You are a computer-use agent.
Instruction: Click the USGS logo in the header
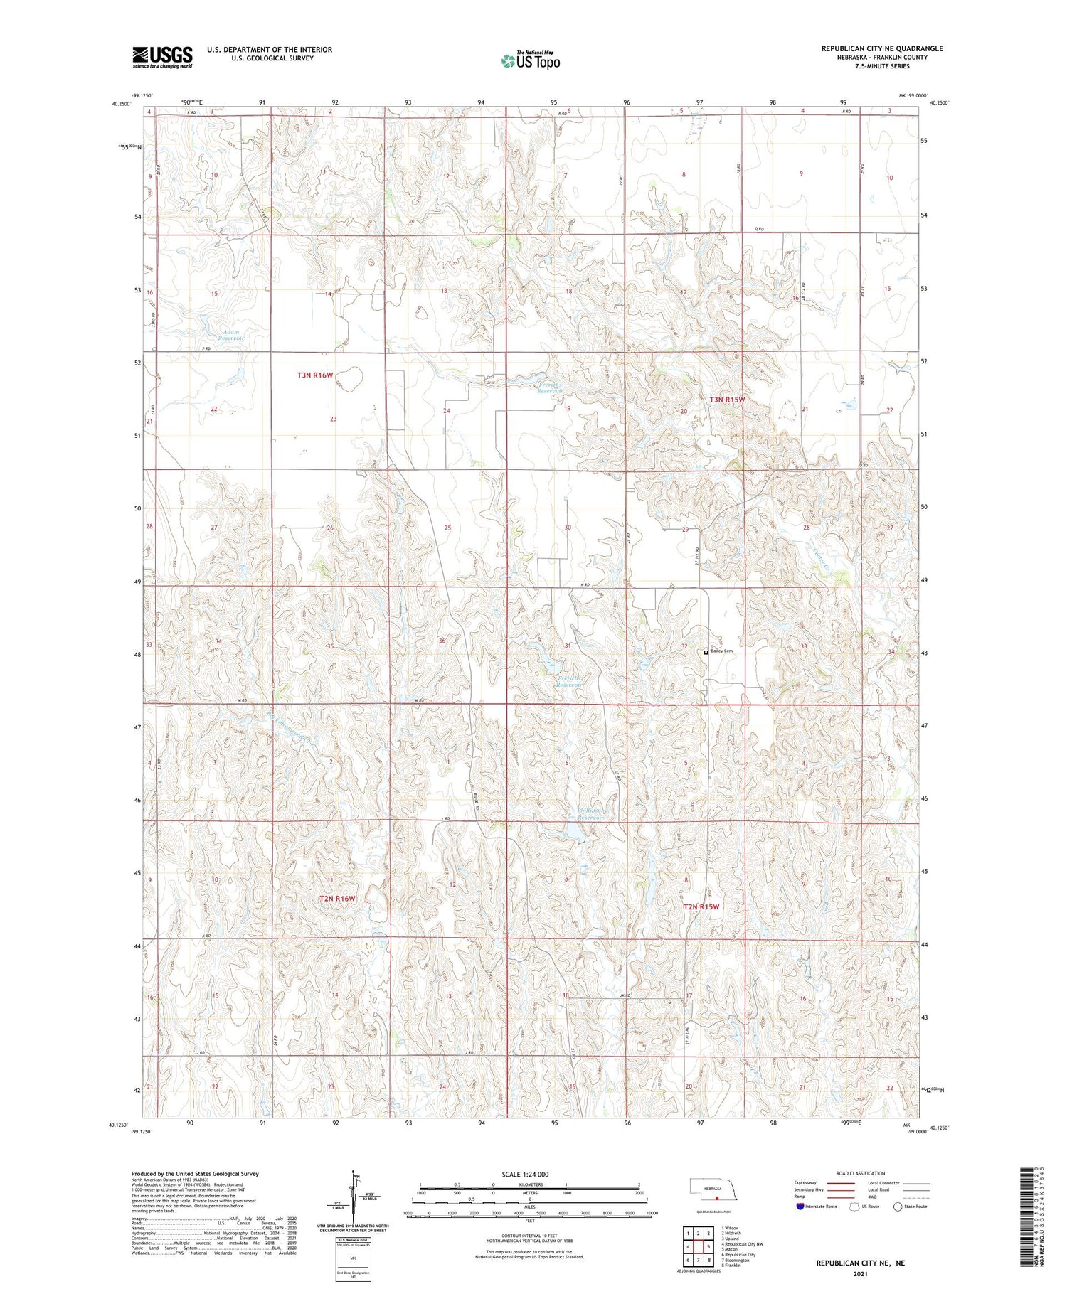tap(162, 57)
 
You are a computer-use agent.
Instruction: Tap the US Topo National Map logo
tap(530, 60)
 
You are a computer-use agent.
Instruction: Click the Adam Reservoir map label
tap(231, 335)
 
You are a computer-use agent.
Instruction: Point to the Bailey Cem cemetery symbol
tap(706, 651)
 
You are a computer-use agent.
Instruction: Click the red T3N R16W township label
tap(315, 375)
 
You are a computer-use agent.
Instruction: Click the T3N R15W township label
tap(727, 400)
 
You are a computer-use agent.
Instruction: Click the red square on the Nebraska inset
tap(717, 1199)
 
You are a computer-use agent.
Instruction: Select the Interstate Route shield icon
tap(800, 1207)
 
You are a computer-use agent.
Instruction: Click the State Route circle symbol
tap(898, 1207)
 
